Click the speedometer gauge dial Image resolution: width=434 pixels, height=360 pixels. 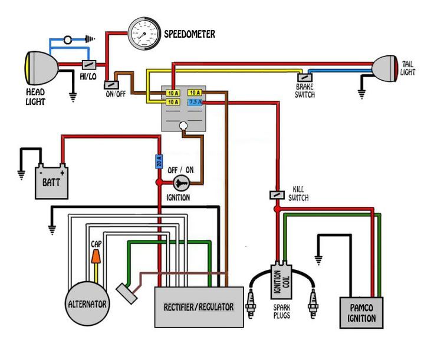pos(144,34)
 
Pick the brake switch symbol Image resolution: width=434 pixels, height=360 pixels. pos(305,77)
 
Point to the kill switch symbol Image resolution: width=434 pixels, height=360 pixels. pos(277,194)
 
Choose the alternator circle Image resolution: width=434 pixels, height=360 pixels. pos(87,303)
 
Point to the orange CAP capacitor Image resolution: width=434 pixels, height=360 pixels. pos(95,256)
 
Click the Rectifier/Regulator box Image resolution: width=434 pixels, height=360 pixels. pos(199,307)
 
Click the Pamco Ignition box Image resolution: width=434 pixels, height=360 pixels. pos(360,312)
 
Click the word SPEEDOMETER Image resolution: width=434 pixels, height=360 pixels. pos(189,34)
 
